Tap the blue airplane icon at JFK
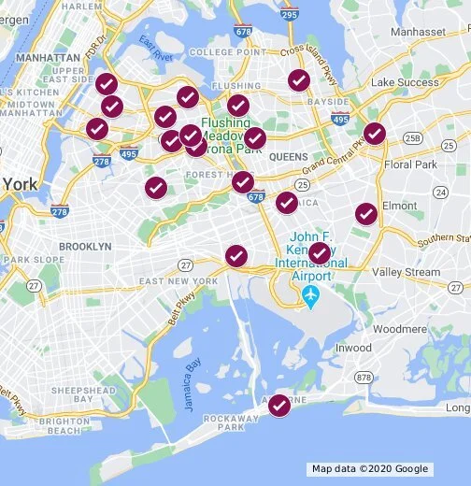[x=311, y=296]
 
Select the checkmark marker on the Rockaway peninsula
[x=279, y=406]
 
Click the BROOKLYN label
[x=85, y=246]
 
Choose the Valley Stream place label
[x=406, y=272]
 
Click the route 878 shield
[x=364, y=378]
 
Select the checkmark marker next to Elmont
[x=366, y=214]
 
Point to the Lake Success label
[x=404, y=82]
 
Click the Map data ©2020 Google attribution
[x=370, y=469]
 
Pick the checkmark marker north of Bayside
[x=299, y=80]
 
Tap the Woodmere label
[x=399, y=329]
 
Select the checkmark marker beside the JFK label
[x=320, y=253]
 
